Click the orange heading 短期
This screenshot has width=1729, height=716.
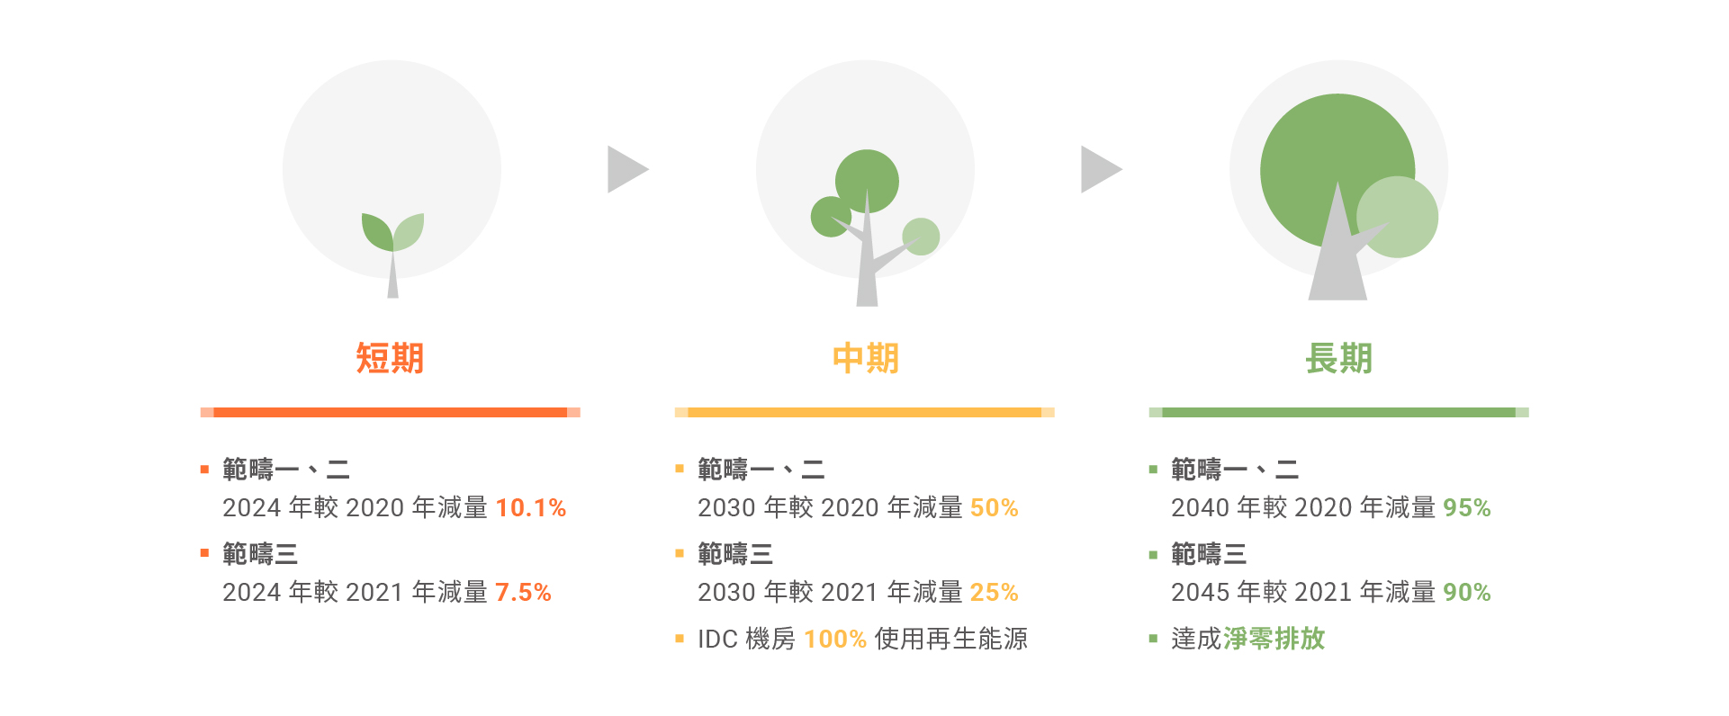pyautogui.click(x=390, y=358)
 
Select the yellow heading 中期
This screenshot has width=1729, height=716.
pyautogui.click(x=865, y=358)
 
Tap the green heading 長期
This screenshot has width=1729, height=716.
pyautogui.click(x=1338, y=358)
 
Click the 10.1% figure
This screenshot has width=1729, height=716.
pyautogui.click(x=531, y=508)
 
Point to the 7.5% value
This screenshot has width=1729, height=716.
pyautogui.click(x=523, y=593)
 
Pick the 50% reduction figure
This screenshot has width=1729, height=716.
pyautogui.click(x=995, y=508)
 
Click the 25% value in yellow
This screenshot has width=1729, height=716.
pyautogui.click(x=995, y=593)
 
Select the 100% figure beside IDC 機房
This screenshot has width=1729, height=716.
pyautogui.click(x=835, y=640)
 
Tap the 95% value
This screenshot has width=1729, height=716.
pyautogui.click(x=1467, y=508)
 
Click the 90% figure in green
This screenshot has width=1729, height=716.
pyautogui.click(x=1467, y=593)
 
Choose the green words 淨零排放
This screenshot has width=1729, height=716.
pyautogui.click(x=1274, y=639)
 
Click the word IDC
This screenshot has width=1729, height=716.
pyautogui.click(x=717, y=640)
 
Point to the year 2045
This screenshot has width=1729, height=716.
pyautogui.click(x=1200, y=593)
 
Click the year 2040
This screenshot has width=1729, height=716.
pyautogui.click(x=1200, y=508)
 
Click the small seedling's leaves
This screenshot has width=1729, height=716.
pyautogui.click(x=392, y=232)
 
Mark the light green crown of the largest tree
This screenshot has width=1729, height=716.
pyautogui.click(x=1397, y=217)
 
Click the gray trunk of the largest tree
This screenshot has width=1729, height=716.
pyautogui.click(x=1337, y=261)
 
